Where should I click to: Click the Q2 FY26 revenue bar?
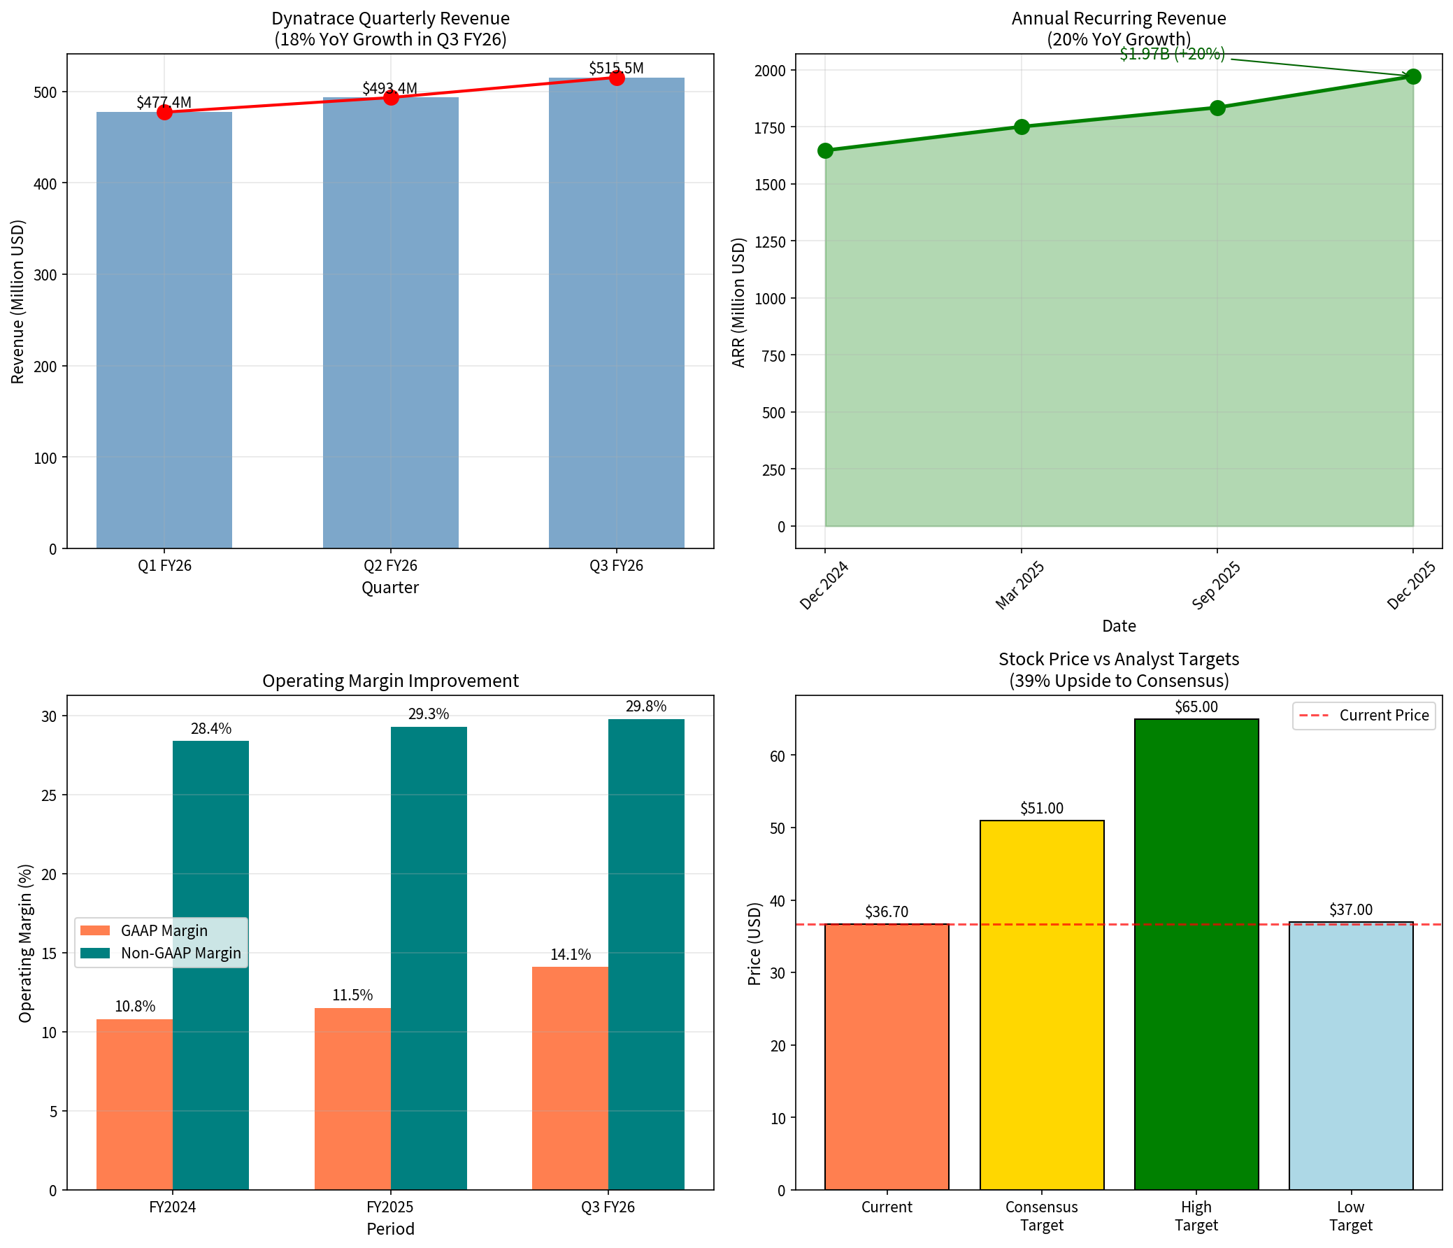tap(391, 322)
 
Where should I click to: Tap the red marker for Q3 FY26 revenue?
tap(617, 78)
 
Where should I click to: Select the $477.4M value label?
tap(164, 102)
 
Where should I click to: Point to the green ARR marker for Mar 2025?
tap(1021, 127)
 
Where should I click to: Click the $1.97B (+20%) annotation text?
tap(1172, 55)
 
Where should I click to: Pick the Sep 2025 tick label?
tap(1216, 585)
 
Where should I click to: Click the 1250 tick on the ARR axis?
tap(770, 241)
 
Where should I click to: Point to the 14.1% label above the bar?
tap(570, 954)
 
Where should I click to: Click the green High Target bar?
tap(1196, 954)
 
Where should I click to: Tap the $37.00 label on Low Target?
tap(1351, 910)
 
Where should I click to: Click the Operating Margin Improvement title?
tap(391, 681)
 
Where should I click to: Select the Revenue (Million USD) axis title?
tap(17, 302)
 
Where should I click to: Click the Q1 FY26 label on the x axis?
tap(164, 566)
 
